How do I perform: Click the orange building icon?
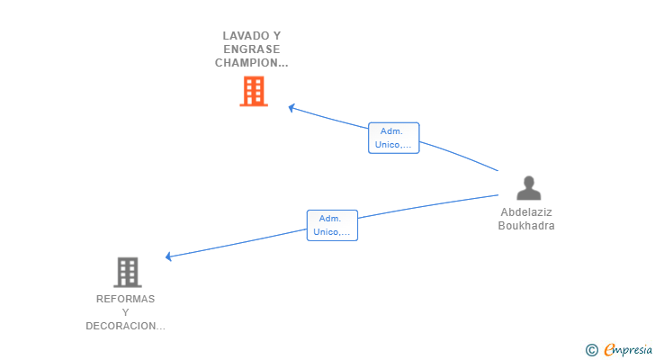click(254, 91)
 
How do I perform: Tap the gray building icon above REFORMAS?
click(127, 272)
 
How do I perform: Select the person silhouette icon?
click(529, 187)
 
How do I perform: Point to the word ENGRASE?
click(252, 49)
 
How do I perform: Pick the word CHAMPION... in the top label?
click(252, 63)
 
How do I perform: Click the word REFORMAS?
click(126, 299)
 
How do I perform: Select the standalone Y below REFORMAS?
click(126, 312)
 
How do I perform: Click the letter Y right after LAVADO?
click(277, 36)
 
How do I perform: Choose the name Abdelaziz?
click(526, 213)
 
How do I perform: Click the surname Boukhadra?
click(526, 226)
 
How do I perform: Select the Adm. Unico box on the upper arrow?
click(394, 138)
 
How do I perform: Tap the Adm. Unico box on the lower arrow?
click(332, 225)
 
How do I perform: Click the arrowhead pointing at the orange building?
click(292, 108)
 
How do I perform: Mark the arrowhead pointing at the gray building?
click(169, 256)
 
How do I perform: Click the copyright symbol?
click(591, 349)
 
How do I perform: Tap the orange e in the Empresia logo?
click(608, 349)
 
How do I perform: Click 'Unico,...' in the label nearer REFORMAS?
click(332, 232)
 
